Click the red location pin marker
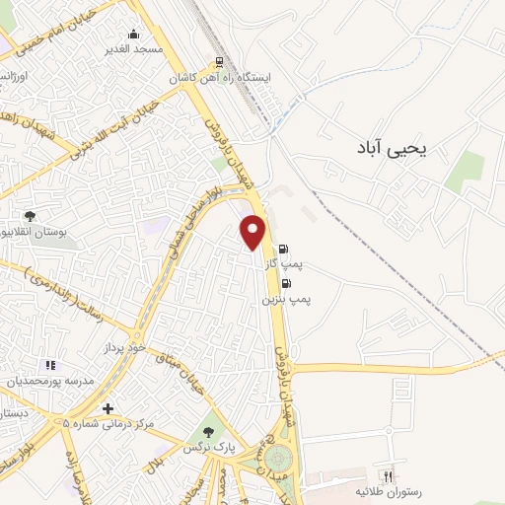point(254,232)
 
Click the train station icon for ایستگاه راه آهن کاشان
point(219,60)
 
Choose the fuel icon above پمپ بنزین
point(286,283)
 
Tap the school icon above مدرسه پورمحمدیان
point(49,365)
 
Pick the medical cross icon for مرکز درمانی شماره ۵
point(108,408)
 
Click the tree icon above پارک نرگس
point(206,432)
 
